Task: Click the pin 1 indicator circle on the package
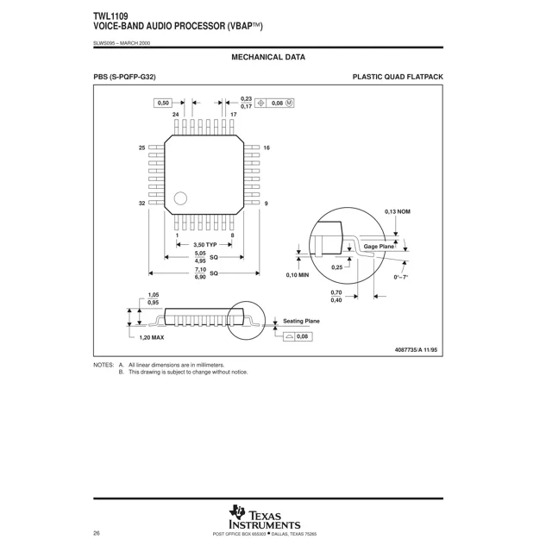[x=180, y=198]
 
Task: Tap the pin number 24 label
[x=176, y=114]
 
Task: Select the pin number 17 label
[x=234, y=114]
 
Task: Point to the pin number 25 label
[x=141, y=148]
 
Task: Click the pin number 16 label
[x=267, y=148]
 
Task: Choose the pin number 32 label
[x=141, y=203]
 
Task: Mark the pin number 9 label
[x=266, y=203]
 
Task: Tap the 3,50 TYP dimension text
[x=199, y=245]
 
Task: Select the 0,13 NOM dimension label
[x=398, y=211]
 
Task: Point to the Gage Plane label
[x=379, y=247]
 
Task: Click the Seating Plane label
[x=301, y=321]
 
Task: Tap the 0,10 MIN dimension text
[x=298, y=276]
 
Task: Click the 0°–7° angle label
[x=401, y=276]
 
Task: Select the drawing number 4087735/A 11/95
[x=416, y=349]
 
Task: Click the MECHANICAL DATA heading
[x=268, y=57]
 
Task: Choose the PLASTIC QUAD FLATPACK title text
[x=398, y=78]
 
